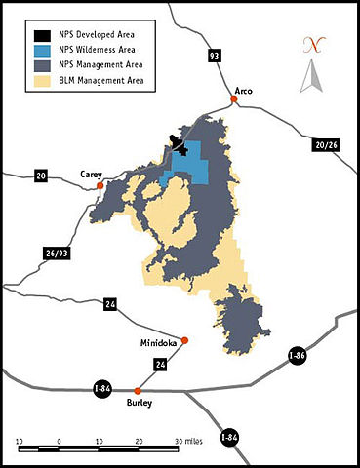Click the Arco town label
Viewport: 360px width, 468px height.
pos(244,91)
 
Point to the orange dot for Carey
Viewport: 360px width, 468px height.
pos(100,184)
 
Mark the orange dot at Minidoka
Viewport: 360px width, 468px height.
pos(185,340)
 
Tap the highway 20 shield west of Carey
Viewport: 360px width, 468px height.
pos(41,176)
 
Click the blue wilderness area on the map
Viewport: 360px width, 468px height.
pos(194,166)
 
